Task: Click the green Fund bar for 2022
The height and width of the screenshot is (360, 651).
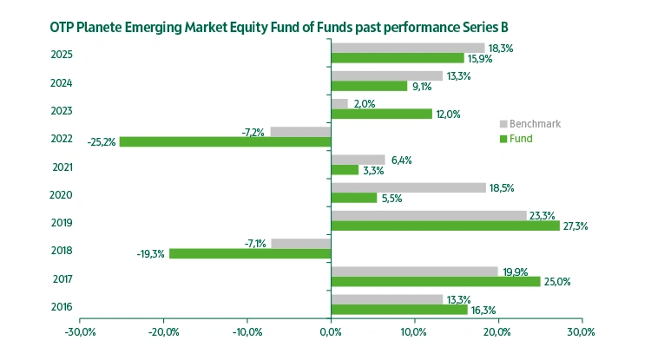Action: pyautogui.click(x=225, y=141)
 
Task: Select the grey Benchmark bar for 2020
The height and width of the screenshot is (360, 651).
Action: pyautogui.click(x=408, y=187)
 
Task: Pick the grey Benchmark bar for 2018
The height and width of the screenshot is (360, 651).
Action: pyautogui.click(x=301, y=243)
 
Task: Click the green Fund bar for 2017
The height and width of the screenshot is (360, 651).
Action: pyautogui.click(x=436, y=281)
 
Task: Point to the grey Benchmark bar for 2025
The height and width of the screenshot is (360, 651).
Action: pyautogui.click(x=408, y=48)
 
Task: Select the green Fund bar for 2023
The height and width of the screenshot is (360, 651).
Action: pyautogui.click(x=381, y=114)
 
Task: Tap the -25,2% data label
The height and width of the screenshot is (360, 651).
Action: pyautogui.click(x=102, y=141)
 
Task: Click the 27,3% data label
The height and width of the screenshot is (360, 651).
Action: pyautogui.click(x=575, y=226)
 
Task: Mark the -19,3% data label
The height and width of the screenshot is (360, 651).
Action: pyautogui.click(x=151, y=254)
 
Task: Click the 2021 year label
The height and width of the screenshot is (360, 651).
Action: pyautogui.click(x=62, y=167)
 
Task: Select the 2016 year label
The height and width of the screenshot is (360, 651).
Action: pyautogui.click(x=62, y=306)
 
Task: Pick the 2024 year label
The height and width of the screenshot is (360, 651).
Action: pyautogui.click(x=62, y=83)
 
